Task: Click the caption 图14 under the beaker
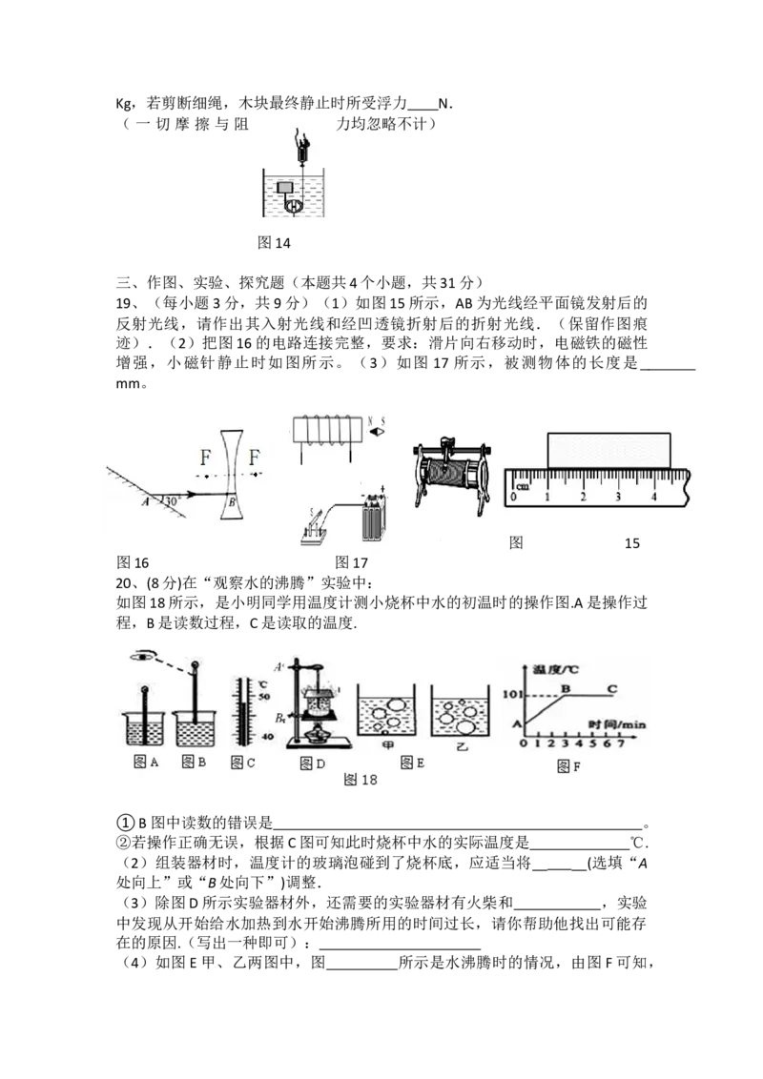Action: (x=274, y=243)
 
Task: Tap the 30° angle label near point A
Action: (x=173, y=501)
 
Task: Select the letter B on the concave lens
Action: (x=232, y=502)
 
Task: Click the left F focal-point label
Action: (x=205, y=457)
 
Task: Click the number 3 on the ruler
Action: (x=618, y=497)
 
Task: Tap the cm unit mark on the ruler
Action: (x=523, y=486)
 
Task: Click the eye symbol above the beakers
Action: (x=142, y=656)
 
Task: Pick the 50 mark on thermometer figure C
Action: (x=264, y=697)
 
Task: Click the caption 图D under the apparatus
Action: (x=313, y=763)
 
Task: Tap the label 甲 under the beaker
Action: (x=387, y=745)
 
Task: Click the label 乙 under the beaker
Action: (x=462, y=746)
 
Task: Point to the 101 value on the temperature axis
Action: (x=511, y=694)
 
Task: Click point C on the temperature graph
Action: (x=611, y=688)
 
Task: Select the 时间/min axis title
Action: (x=617, y=723)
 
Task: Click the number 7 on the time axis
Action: (x=621, y=743)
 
